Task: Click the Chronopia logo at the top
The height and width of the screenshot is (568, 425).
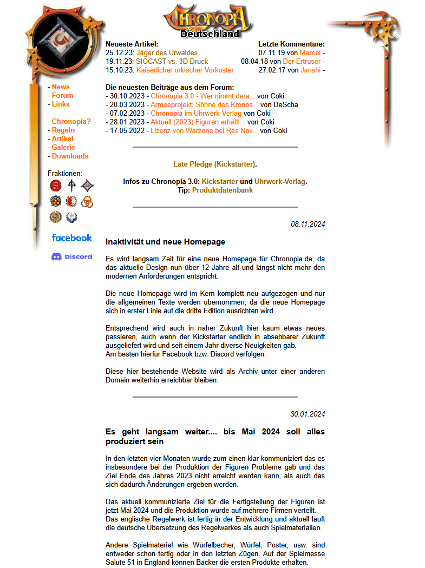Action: point(208,21)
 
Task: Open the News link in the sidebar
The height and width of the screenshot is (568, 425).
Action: point(61,87)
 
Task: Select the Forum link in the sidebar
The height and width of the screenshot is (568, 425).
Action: point(62,95)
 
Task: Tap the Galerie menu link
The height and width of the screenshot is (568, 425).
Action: point(63,147)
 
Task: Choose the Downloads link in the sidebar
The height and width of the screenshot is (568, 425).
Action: point(70,156)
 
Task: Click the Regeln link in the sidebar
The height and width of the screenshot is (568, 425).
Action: point(63,130)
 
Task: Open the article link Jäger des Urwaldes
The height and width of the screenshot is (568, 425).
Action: point(167,52)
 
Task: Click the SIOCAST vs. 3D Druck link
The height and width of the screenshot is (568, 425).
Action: point(172,61)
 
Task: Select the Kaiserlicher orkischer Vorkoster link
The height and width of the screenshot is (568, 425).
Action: point(185,70)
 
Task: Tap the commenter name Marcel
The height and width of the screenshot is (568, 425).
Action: point(310,52)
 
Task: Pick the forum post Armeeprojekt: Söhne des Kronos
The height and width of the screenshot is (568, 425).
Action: point(204,104)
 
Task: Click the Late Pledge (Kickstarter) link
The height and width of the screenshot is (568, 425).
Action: point(214,164)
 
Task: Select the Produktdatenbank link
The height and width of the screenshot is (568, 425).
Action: point(222,190)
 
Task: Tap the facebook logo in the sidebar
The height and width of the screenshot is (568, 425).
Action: point(71,237)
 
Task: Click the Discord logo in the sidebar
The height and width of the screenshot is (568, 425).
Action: point(71,256)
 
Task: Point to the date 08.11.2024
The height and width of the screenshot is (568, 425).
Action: point(308,224)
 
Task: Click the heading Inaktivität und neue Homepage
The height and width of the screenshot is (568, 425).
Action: point(165,242)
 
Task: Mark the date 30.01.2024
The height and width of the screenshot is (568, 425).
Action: point(308,414)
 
